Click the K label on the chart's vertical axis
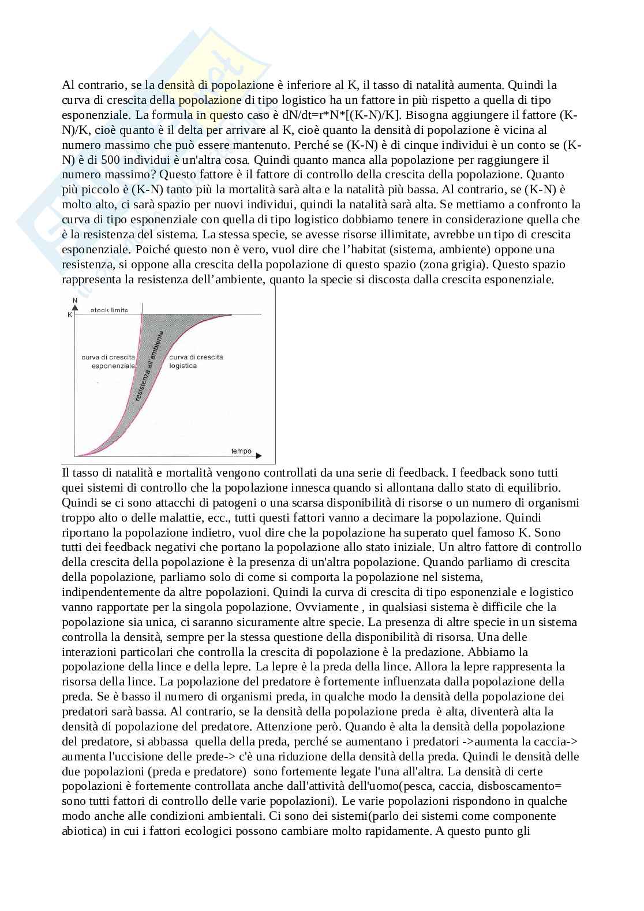click(x=70, y=314)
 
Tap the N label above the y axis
click(x=74, y=301)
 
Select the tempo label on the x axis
click(x=241, y=451)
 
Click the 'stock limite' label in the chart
click(x=108, y=310)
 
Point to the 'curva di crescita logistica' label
click(x=196, y=361)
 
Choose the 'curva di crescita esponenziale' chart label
click(x=108, y=361)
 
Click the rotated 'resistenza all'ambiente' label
click(x=149, y=367)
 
